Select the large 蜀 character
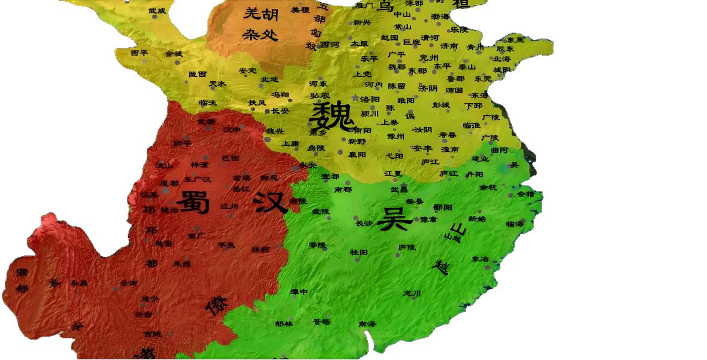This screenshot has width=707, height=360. coord(193,203)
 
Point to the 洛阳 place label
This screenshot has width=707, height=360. coord(370,99)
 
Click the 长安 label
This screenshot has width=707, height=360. coord(280,111)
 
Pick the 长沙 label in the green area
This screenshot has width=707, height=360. coord(365,224)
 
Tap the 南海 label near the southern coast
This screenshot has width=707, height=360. coord(367,324)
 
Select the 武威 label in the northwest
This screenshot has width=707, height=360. coord(157,10)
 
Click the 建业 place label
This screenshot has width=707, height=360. coord(480,159)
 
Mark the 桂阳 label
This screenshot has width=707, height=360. coord(358,252)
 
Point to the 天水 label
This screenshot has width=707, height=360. coord(218,84)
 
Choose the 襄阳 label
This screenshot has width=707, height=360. coord(357,155)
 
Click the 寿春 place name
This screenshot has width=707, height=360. coord(447,135)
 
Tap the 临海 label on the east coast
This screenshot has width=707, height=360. coord(514,224)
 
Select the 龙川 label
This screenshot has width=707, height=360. coord(412,293)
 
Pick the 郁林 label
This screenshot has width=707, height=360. coord(283,324)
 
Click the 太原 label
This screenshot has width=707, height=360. coord(359,43)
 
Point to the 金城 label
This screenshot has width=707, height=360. coord(173,54)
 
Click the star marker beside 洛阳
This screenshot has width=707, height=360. coord(355,98)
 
